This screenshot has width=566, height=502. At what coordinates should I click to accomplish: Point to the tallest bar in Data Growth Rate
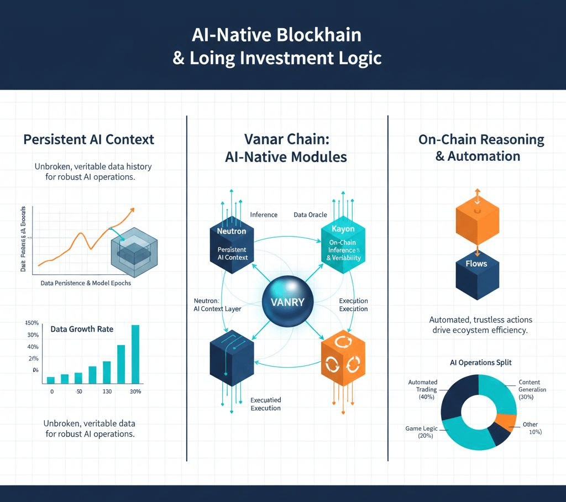[135, 354]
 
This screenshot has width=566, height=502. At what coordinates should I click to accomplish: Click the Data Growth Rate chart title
[82, 329]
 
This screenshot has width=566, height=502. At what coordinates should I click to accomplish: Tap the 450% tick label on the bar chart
[32, 323]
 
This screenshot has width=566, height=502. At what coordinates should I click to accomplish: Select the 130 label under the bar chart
[107, 391]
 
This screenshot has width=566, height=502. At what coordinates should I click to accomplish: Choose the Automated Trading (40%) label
[423, 389]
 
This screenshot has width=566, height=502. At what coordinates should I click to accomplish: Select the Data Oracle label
[310, 215]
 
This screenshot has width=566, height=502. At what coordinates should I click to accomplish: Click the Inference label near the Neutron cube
[264, 215]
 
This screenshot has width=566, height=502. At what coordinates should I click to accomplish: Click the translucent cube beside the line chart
[134, 250]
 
